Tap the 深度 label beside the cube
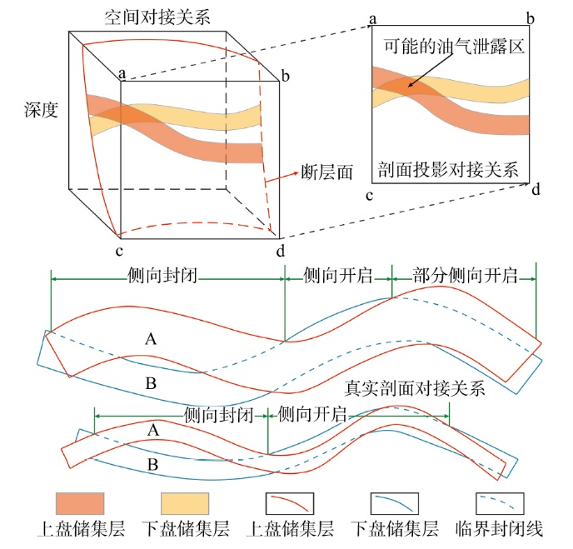tap(41, 109)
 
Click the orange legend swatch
tap(80, 503)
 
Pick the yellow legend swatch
tap(184, 503)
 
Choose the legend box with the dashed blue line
tap(499, 503)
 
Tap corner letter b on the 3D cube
tap(286, 77)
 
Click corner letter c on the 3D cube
tap(120, 250)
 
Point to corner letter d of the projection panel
tap(535, 191)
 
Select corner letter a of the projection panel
tap(372, 18)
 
